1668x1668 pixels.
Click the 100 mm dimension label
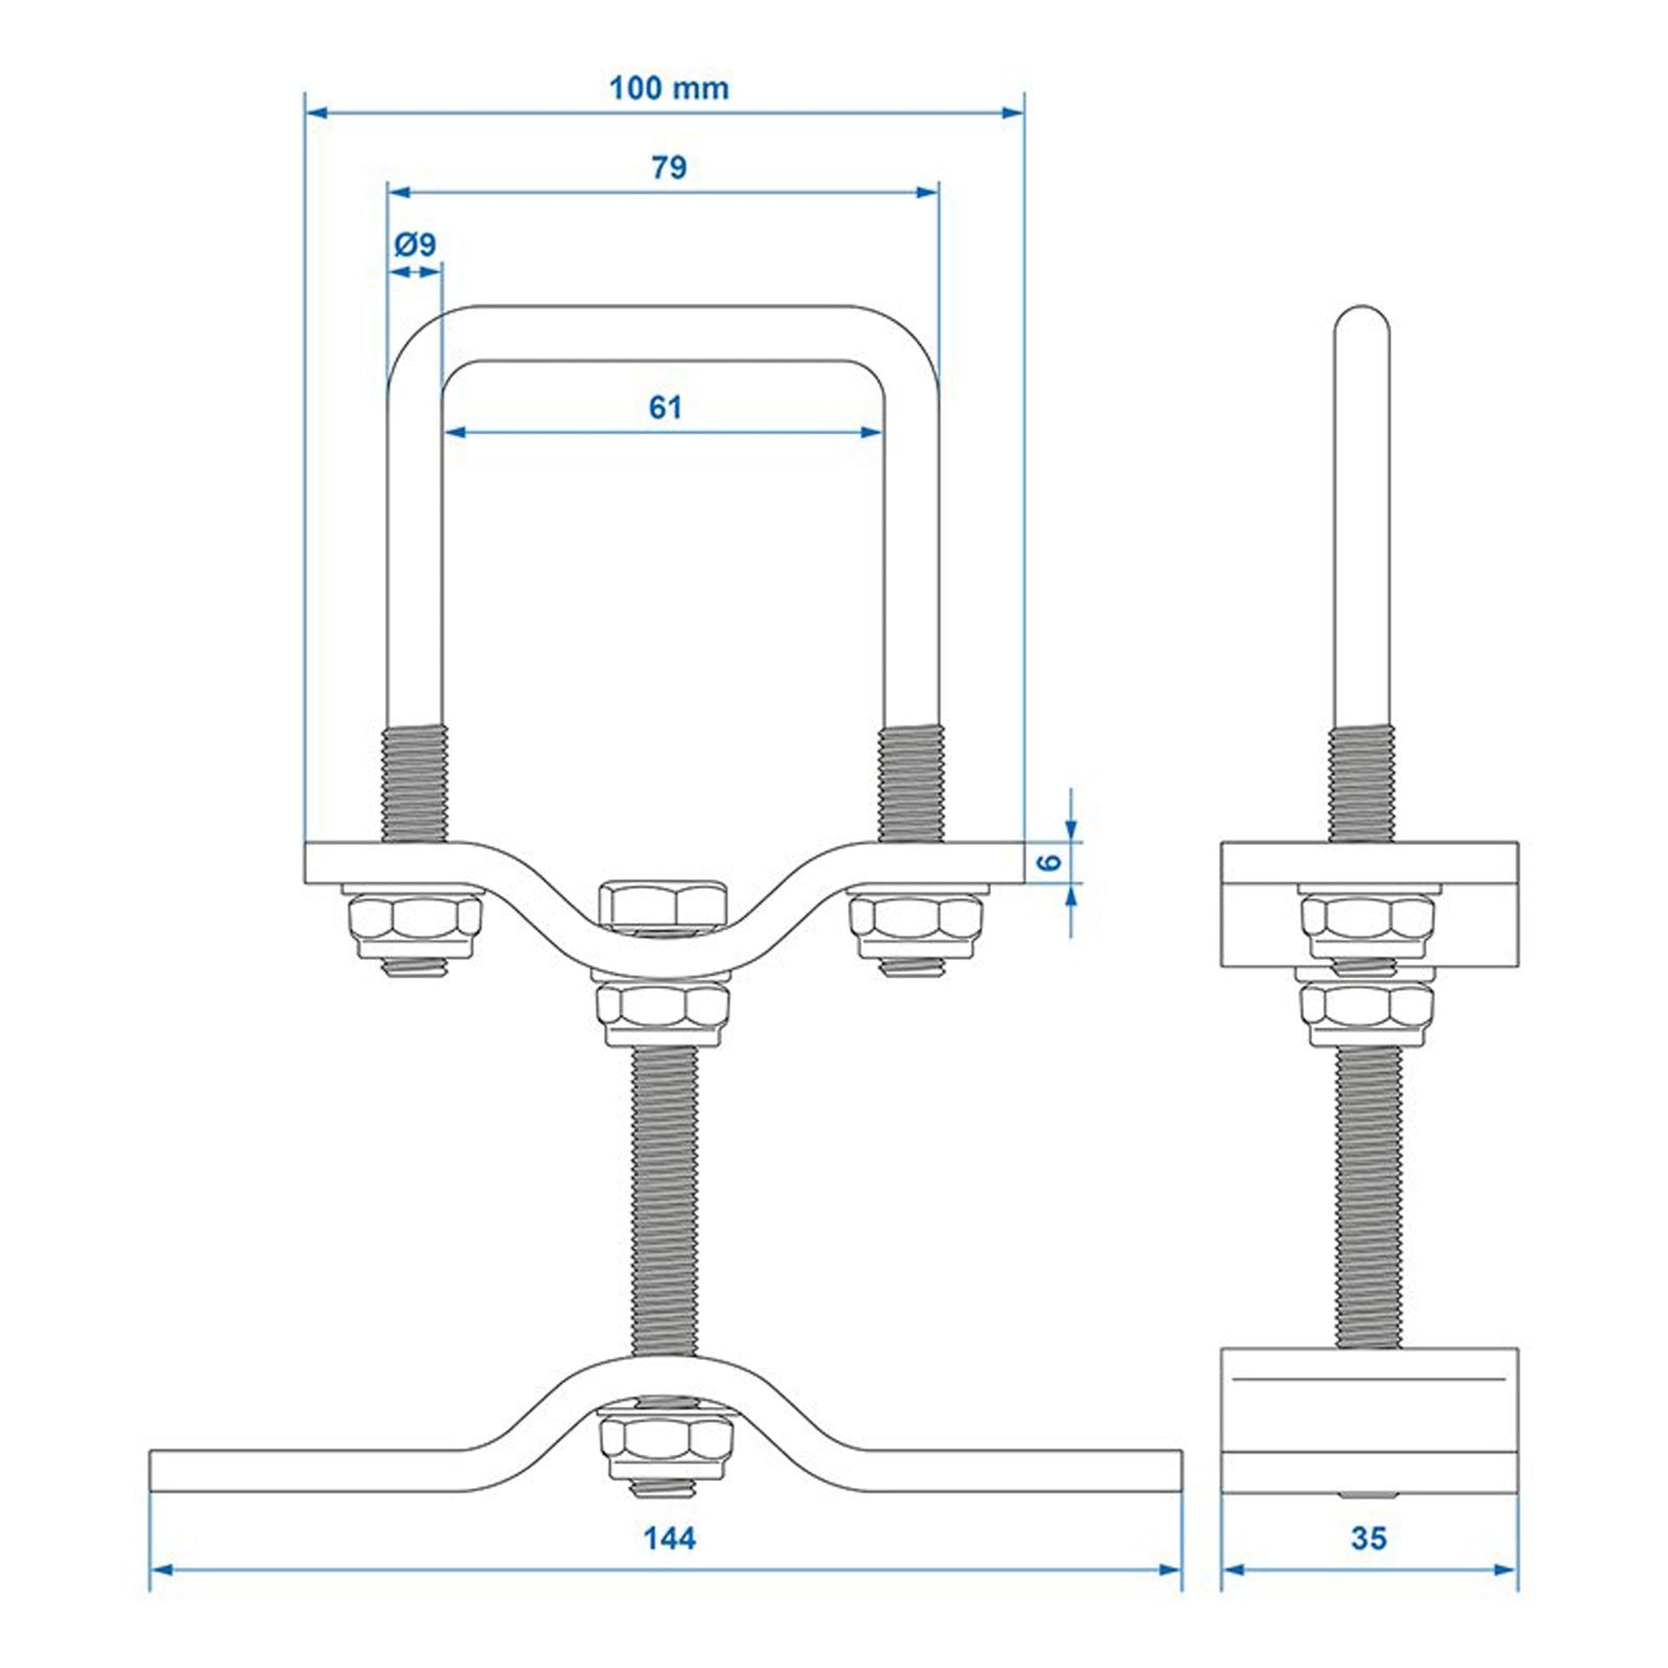pos(669,89)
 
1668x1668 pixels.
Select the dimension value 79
pos(669,167)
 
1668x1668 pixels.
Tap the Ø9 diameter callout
pos(415,245)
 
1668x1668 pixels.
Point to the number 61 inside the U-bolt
pos(665,406)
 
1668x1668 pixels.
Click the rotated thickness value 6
pos(1047,862)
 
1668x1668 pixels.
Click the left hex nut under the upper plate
pos(415,927)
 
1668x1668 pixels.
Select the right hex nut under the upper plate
pos(915,927)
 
